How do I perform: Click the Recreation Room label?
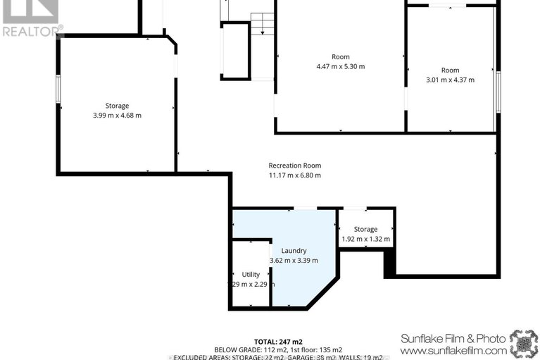click(294, 166)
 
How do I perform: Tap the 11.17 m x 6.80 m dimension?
click(294, 175)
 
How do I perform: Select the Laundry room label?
click(294, 251)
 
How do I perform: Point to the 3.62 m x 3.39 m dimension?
click(294, 261)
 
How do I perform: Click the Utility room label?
click(251, 274)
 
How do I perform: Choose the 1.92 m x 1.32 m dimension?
click(365, 239)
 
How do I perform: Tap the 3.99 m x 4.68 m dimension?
click(117, 116)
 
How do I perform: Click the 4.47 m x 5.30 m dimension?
click(340, 67)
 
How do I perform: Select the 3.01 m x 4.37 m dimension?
click(450, 80)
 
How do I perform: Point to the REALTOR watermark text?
click(32, 30)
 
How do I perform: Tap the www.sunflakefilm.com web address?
click(453, 350)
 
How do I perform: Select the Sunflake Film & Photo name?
click(453, 337)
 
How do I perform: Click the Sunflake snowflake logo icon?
click(523, 342)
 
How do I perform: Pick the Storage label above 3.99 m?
click(117, 106)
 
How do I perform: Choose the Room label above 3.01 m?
click(450, 70)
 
